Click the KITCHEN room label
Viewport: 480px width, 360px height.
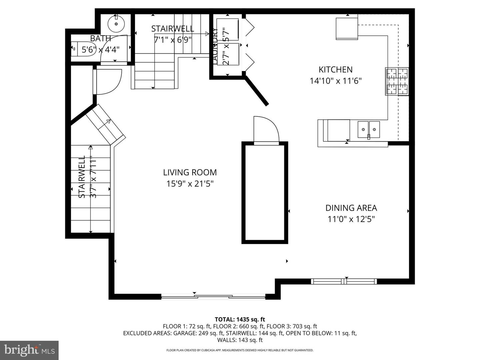(x=335, y=69)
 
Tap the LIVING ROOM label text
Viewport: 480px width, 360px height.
(x=190, y=172)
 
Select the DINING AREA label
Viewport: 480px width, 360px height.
(x=351, y=208)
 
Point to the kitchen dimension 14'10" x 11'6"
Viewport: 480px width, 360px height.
(x=335, y=81)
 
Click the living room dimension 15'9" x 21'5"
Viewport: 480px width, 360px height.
(x=190, y=184)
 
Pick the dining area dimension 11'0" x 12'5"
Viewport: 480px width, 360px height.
(x=351, y=219)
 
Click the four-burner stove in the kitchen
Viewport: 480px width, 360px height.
(x=397, y=81)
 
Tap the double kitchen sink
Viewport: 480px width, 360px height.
(x=369, y=129)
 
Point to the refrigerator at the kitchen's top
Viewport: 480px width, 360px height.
(x=347, y=28)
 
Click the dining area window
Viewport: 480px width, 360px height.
(x=344, y=281)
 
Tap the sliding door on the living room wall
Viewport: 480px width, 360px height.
(x=213, y=296)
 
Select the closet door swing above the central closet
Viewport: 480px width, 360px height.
(x=266, y=130)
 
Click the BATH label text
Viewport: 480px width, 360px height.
(x=100, y=39)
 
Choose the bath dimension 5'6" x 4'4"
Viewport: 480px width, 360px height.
(x=100, y=50)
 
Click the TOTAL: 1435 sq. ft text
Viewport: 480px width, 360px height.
(x=240, y=319)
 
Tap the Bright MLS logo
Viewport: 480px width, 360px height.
(x=29, y=350)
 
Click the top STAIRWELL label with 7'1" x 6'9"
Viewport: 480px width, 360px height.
(x=172, y=29)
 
